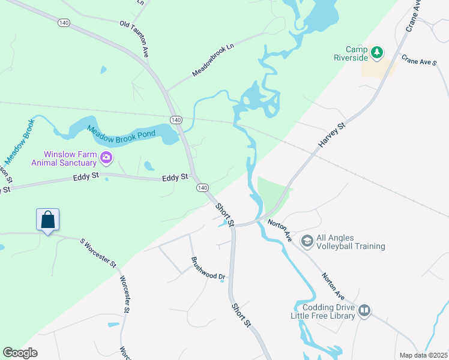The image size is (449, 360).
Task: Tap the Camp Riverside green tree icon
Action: tap(377, 53)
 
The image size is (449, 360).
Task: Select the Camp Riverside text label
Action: tap(351, 54)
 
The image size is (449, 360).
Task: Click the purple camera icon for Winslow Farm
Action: tap(106, 158)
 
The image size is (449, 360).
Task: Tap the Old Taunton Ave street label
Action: tap(134, 40)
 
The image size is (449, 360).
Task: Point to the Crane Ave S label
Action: tap(418, 62)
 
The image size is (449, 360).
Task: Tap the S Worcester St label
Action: tap(98, 252)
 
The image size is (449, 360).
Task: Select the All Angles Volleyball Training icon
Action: tap(307, 241)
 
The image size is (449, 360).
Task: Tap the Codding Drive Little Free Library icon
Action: tap(364, 311)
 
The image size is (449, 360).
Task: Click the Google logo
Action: tap(20, 353)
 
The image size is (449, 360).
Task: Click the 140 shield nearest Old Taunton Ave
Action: tap(64, 22)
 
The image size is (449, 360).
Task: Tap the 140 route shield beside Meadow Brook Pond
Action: tap(176, 120)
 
